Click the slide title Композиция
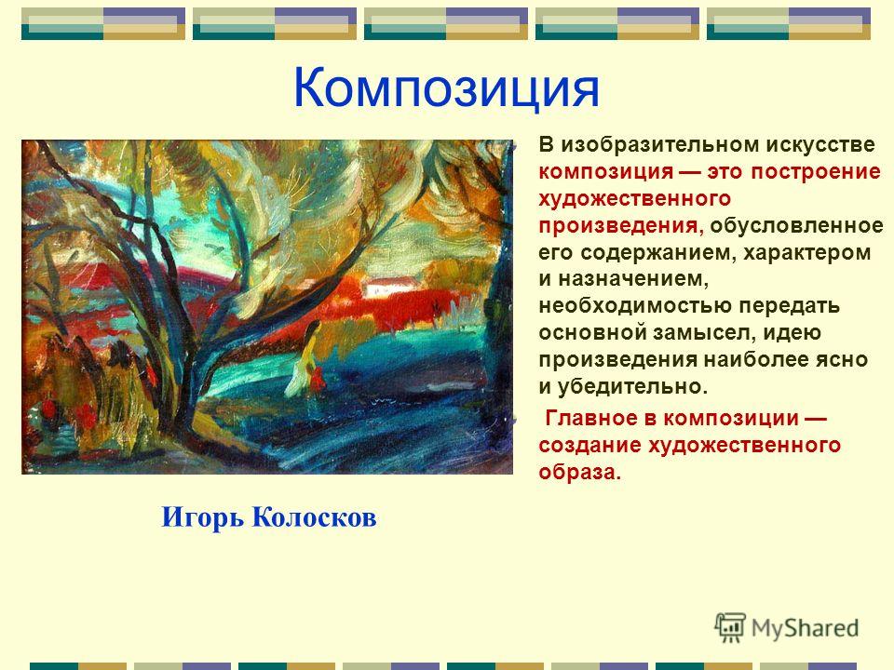[x=446, y=89]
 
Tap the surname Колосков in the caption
[x=314, y=517]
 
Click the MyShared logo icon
[x=730, y=627]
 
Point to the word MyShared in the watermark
[x=805, y=628]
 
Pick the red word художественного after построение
[x=634, y=198]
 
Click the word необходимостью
[x=634, y=306]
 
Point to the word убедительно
[x=632, y=387]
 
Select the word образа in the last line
[x=579, y=473]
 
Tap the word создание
[x=589, y=445]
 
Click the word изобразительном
[x=658, y=145]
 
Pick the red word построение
[x=816, y=172]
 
